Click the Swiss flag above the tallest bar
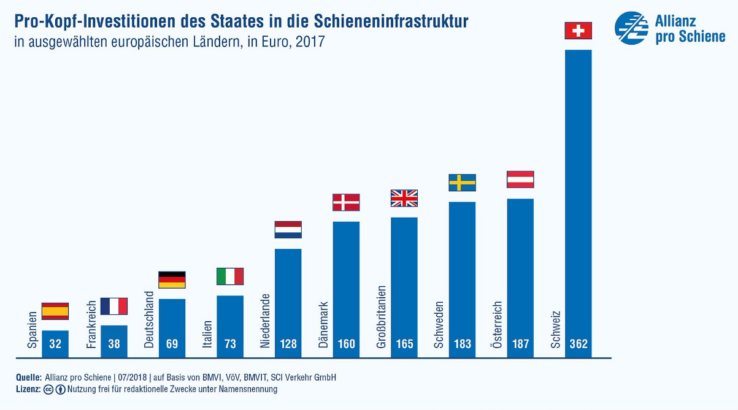[x=578, y=31]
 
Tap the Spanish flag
[x=55, y=311]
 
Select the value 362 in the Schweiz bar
[x=578, y=344]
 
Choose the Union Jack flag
[x=404, y=199]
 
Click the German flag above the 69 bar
[x=172, y=280]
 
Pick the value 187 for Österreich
[x=520, y=344]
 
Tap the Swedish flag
[x=462, y=183]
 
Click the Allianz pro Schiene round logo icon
[x=632, y=28]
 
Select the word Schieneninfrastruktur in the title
[x=392, y=22]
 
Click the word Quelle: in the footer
[x=29, y=378]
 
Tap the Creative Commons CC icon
[x=49, y=389]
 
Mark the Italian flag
[x=230, y=276]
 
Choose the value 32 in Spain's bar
[x=55, y=344]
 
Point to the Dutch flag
[x=288, y=230]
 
